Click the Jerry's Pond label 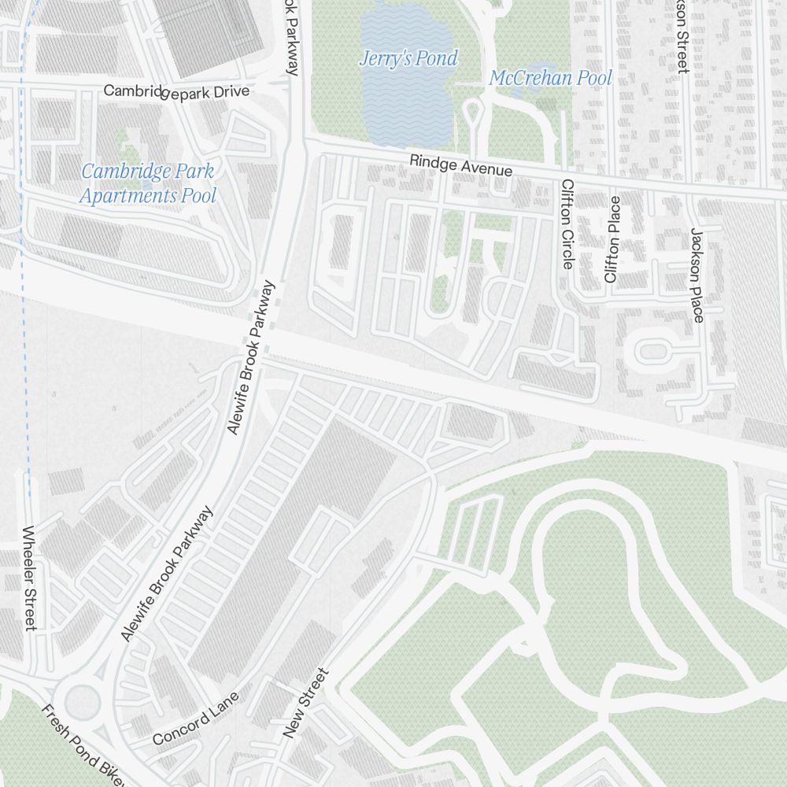(408, 58)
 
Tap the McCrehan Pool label (550, 78)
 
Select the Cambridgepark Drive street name (176, 91)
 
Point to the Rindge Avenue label (460, 165)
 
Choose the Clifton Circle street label (567, 224)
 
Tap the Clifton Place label (612, 239)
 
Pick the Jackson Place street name (696, 275)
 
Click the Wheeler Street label (30, 578)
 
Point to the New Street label (305, 704)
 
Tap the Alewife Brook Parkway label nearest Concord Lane (168, 574)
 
